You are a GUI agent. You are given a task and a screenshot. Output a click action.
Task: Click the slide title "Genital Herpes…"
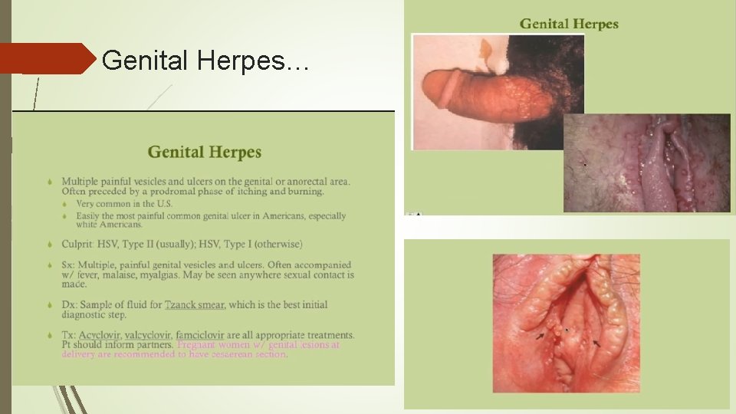(205, 59)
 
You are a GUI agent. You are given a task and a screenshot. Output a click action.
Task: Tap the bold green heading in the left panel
(205, 152)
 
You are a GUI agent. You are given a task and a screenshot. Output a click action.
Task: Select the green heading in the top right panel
(569, 24)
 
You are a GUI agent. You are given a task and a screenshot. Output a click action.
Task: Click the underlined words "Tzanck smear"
(195, 304)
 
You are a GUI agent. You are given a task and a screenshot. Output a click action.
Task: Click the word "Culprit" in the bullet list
(78, 244)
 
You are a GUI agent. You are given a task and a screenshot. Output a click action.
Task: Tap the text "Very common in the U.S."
(124, 204)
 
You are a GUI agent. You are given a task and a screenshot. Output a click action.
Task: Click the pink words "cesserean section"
(248, 354)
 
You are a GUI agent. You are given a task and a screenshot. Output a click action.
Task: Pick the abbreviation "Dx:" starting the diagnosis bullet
(70, 304)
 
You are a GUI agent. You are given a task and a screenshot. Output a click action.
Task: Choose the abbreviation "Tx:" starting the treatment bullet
(69, 335)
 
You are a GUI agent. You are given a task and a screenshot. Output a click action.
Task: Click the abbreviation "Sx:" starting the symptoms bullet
(69, 264)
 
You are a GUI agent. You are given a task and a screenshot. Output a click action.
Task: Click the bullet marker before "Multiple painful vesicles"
(50, 182)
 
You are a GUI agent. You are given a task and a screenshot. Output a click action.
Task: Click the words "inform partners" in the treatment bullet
(136, 345)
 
